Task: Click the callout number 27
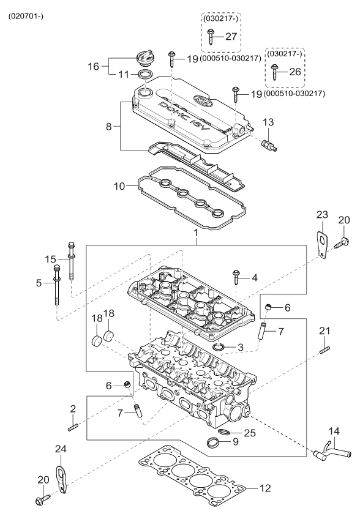click(230, 37)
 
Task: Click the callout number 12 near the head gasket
click(264, 488)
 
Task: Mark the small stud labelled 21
click(324, 351)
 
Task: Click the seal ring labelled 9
click(212, 443)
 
